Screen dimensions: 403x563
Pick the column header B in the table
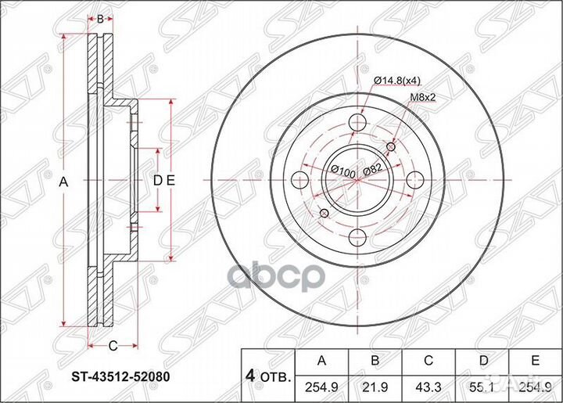point(375,361)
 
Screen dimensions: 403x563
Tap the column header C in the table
point(428,361)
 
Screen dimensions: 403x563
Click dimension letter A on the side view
point(64,181)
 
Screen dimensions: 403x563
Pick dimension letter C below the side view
point(113,345)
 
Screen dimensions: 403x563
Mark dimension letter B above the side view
point(100,17)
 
